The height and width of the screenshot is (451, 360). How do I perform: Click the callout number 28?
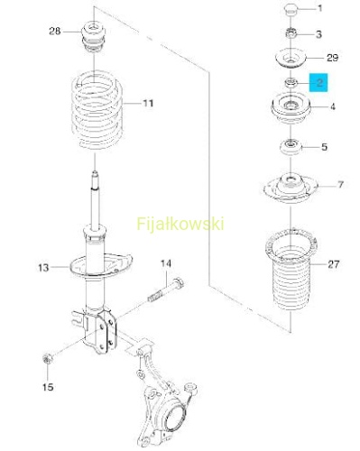point(55,31)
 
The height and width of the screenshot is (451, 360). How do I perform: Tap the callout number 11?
point(148,104)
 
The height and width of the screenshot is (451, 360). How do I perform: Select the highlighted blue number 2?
point(319,82)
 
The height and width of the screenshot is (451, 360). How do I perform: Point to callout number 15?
point(48,387)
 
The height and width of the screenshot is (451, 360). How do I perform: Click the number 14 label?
point(166,263)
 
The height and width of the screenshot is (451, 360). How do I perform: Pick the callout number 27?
point(333,264)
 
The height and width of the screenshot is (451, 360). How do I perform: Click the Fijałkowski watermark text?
point(180,224)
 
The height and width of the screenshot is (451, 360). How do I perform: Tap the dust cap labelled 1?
point(291,9)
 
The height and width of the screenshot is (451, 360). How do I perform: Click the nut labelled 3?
point(291,33)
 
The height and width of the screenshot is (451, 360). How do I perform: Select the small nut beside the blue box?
point(291,83)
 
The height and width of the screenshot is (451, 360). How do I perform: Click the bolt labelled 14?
point(166,290)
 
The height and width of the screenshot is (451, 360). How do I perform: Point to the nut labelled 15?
point(47,358)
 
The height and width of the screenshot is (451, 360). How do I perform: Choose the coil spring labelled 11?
point(97,110)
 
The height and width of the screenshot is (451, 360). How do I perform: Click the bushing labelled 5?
point(291,147)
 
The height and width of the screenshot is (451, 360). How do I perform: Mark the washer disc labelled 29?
point(291,59)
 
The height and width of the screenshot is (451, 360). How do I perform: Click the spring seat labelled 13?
point(101,265)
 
